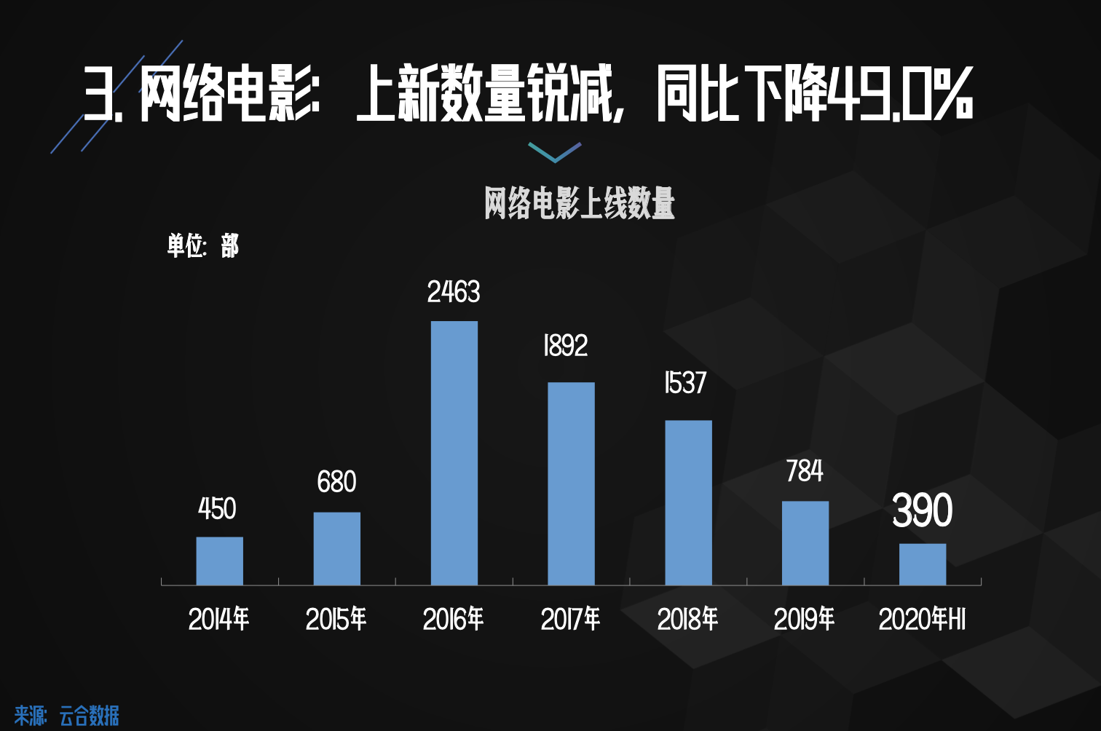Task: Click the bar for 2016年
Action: [454, 453]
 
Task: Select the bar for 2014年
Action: [219, 561]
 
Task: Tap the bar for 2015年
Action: [336, 548]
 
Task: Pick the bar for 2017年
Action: [571, 483]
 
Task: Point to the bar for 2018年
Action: [688, 502]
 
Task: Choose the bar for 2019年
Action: [805, 542]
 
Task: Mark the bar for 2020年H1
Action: [923, 564]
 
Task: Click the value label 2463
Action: [454, 293]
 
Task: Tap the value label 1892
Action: [566, 346]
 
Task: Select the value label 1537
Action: [685, 383]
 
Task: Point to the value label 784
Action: [805, 471]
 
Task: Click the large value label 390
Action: [922, 510]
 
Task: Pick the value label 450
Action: [217, 509]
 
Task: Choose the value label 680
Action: [336, 482]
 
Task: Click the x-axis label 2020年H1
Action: [922, 620]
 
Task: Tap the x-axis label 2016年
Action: [453, 620]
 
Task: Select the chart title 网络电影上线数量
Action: [580, 203]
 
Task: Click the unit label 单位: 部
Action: [202, 246]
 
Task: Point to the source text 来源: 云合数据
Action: [66, 716]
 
